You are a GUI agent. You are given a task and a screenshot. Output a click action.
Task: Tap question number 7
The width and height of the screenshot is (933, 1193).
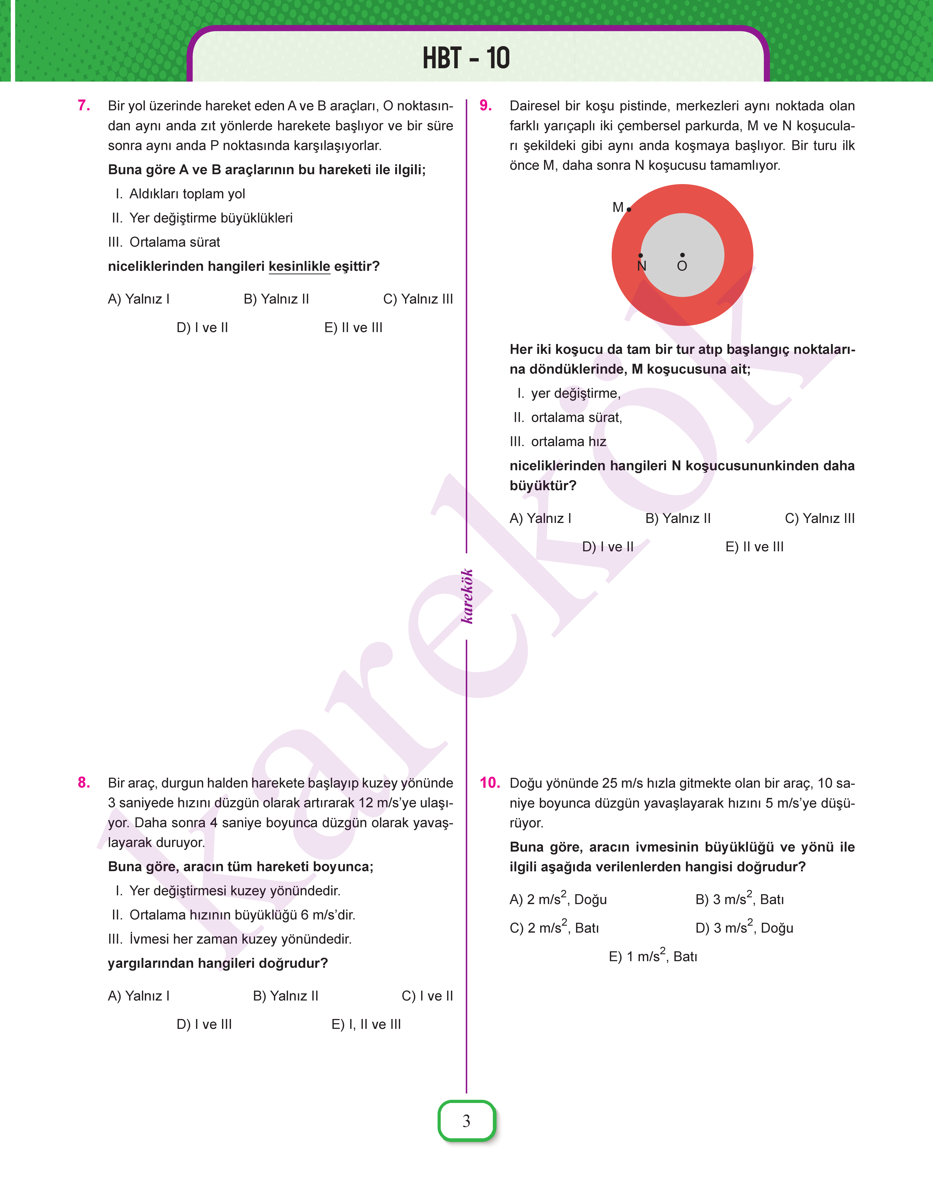[x=84, y=105]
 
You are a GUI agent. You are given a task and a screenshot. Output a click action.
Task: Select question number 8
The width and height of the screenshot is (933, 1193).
[x=84, y=783]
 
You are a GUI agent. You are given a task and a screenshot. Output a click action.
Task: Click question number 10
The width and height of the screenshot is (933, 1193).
[x=489, y=783]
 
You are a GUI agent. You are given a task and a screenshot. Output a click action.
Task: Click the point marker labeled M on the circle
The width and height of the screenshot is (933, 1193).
[x=629, y=209]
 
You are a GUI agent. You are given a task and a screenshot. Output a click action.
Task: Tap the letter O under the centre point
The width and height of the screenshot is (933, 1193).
[x=682, y=266]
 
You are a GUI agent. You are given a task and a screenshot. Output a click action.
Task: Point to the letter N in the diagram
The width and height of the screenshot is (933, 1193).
[x=642, y=266]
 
